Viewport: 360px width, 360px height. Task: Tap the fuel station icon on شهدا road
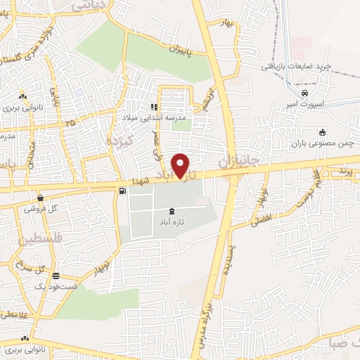pos(124,191)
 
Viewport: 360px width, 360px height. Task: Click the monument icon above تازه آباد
pos(173,211)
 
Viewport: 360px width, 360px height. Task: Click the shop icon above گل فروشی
pos(41,198)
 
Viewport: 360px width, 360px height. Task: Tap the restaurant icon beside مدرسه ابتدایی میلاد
pos(151,107)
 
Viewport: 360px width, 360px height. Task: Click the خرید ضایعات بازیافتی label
pos(306,67)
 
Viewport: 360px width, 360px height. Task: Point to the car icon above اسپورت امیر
pos(304,93)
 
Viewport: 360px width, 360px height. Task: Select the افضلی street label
pos(262,221)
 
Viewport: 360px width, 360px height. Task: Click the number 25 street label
pos(69,124)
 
